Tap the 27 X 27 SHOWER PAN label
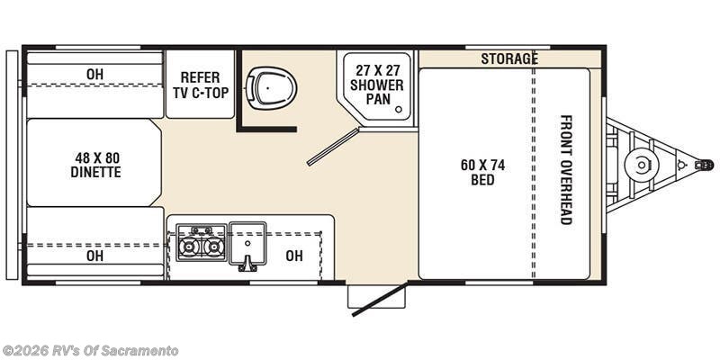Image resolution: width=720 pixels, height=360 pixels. [x=377, y=85]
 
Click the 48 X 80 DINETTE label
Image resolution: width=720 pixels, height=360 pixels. [x=96, y=165]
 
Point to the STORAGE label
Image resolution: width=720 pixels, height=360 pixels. [x=508, y=59]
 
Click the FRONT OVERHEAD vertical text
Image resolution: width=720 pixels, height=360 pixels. [x=566, y=169]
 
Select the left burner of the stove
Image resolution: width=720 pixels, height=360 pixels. [x=190, y=246]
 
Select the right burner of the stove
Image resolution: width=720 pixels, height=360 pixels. [x=213, y=246]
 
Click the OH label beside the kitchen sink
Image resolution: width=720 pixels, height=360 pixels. [x=294, y=256]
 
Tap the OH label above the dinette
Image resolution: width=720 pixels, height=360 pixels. [x=94, y=74]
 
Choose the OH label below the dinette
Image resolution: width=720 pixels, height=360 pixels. [x=94, y=256]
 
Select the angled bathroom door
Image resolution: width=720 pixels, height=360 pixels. [x=332, y=147]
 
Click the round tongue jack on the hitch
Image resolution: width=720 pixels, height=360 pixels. [x=641, y=165]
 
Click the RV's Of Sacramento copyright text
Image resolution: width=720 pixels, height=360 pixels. [x=90, y=350]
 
